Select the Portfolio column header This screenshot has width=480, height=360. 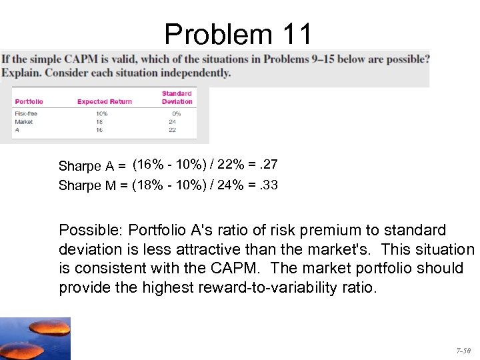(x=29, y=102)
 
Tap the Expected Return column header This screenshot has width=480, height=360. (x=105, y=102)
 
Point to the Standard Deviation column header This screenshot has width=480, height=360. (x=177, y=98)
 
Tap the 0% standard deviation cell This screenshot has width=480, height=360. (x=175, y=114)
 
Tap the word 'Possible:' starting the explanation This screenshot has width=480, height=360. (x=91, y=231)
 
